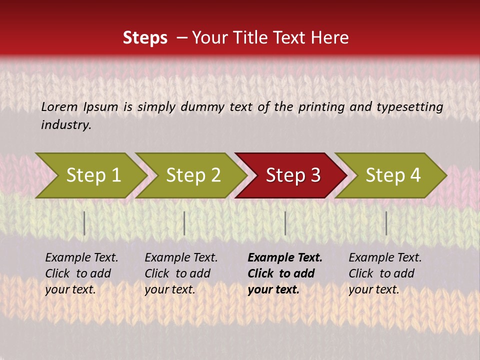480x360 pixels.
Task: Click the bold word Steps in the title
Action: [145, 38]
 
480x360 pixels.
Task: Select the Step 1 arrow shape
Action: [90, 175]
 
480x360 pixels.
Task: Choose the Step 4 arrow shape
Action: [392, 175]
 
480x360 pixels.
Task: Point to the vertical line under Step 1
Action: [84, 223]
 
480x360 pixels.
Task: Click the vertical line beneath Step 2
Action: [184, 223]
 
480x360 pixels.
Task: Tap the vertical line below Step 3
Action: [285, 223]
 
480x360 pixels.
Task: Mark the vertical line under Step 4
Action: [386, 223]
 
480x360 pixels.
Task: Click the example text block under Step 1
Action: [81, 273]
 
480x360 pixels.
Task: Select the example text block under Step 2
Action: [181, 273]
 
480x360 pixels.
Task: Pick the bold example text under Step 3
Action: [285, 273]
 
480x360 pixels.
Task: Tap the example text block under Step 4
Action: [385, 273]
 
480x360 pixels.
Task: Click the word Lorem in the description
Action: [59, 106]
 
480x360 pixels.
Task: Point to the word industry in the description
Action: [66, 124]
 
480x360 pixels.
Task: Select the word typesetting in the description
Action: [409, 106]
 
